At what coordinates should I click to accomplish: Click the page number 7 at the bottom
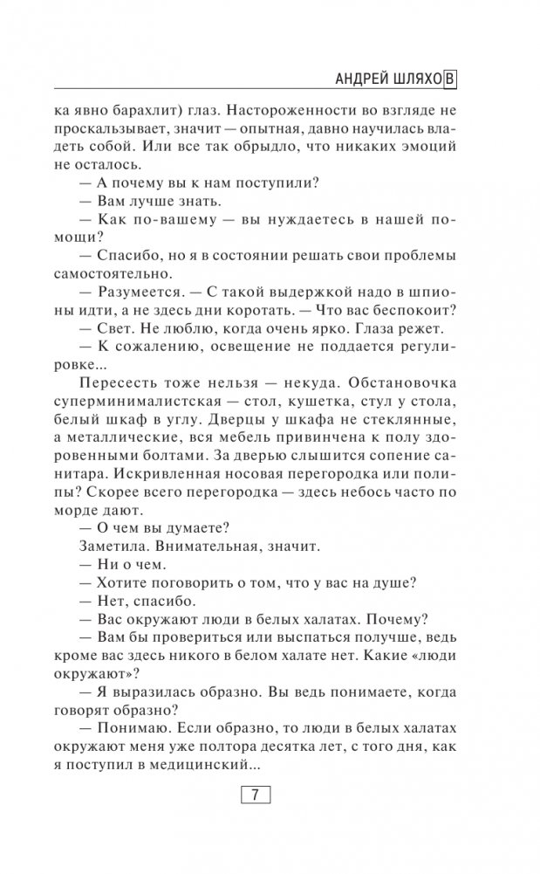[x=255, y=795]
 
